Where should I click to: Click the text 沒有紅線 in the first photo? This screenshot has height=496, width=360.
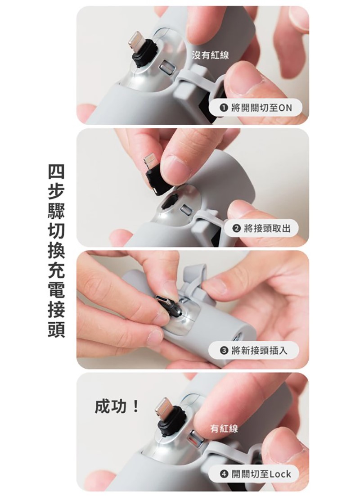[x=210, y=55]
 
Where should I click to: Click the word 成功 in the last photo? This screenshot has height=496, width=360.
[x=110, y=406]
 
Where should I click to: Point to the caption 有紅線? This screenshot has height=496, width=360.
[x=224, y=428]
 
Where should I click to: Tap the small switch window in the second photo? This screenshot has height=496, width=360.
[x=186, y=210]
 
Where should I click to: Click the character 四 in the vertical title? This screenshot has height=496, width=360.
[x=56, y=171]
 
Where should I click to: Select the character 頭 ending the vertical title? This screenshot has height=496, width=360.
[x=56, y=329]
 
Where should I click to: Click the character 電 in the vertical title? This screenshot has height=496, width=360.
[x=56, y=290]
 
